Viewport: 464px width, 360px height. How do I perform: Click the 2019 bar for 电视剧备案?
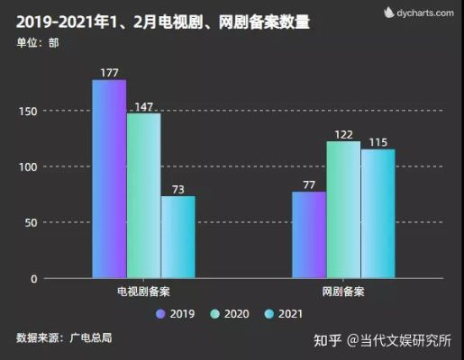(109, 179)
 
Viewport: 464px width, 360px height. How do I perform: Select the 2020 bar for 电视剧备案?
(143, 195)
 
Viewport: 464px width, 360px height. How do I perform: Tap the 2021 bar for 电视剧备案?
(177, 237)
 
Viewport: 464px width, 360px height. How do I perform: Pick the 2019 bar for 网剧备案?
(309, 235)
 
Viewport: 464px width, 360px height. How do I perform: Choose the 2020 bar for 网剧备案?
(343, 210)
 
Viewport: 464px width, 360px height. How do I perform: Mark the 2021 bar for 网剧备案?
(378, 213)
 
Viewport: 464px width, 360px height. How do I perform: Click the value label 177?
(109, 72)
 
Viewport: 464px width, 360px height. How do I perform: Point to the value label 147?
(143, 106)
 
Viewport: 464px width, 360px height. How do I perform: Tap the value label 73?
(177, 189)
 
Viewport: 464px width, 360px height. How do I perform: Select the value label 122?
(343, 134)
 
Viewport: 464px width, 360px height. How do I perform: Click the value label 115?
(378, 142)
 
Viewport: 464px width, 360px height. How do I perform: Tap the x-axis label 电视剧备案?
(143, 292)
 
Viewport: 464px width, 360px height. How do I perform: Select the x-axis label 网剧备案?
(343, 292)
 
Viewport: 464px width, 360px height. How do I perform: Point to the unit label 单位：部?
(36, 42)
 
